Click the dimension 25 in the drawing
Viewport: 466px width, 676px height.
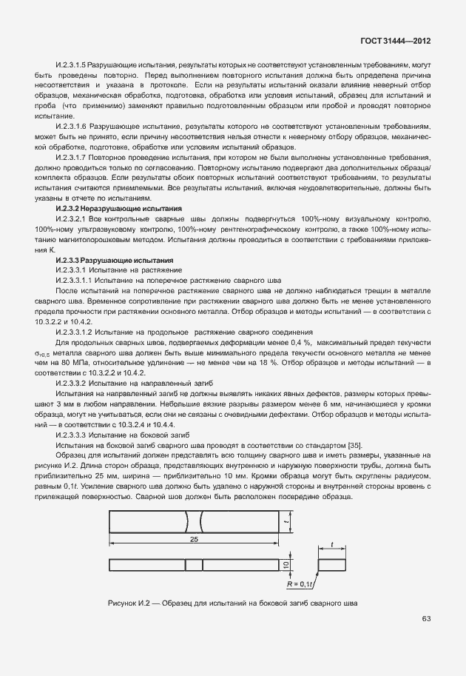point(194,540)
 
